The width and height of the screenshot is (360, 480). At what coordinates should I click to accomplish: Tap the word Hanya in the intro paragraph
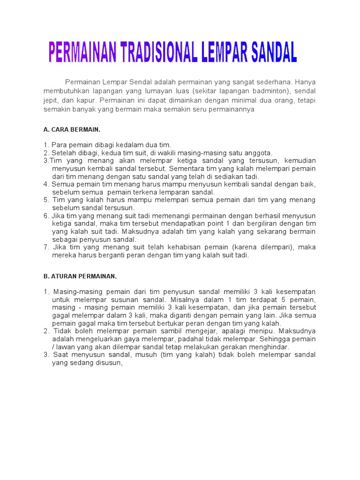coord(305,82)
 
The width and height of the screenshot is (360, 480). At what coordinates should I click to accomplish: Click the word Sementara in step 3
coord(189,168)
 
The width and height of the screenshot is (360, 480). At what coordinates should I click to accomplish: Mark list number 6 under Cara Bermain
coord(46,216)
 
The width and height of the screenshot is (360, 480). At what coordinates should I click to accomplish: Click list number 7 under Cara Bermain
coord(46,247)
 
